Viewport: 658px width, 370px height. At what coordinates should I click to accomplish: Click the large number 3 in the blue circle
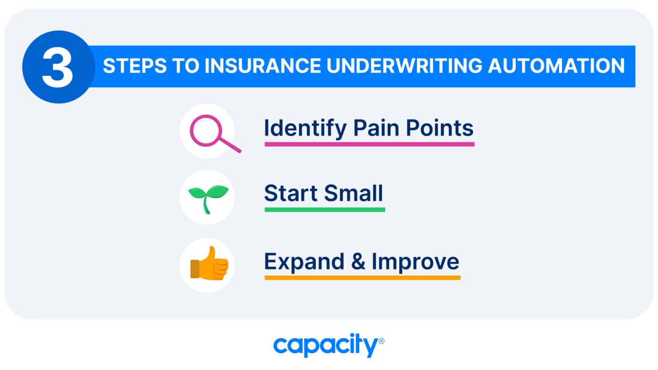click(58, 67)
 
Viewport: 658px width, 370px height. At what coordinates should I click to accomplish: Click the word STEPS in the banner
click(134, 66)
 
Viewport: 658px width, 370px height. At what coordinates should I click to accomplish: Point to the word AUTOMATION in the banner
click(556, 66)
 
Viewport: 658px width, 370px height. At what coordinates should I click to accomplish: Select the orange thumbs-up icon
click(209, 265)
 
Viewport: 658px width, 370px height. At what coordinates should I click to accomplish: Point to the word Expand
click(304, 262)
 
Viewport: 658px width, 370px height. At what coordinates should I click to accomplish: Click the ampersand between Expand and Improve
click(358, 262)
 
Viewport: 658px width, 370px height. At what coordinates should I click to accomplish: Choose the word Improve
click(415, 262)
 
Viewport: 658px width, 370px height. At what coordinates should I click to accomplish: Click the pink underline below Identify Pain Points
click(369, 144)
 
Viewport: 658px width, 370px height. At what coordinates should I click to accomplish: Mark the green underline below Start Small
click(324, 209)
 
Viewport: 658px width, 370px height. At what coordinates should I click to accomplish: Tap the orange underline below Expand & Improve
click(362, 278)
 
